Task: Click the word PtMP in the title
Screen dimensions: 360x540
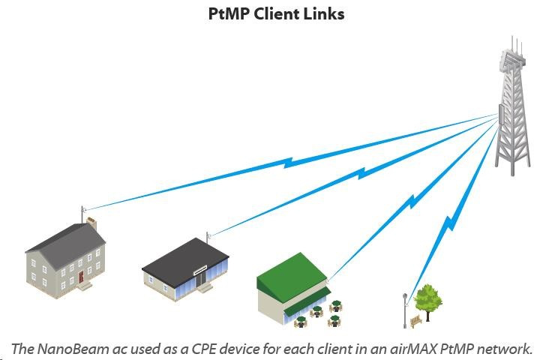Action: tap(229, 13)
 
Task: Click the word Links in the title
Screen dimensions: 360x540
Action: tap(322, 13)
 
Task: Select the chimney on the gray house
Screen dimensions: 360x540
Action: tap(91, 223)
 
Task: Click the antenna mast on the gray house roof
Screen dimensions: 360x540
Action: tap(82, 212)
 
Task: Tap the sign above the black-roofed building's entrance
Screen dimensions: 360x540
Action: tap(202, 266)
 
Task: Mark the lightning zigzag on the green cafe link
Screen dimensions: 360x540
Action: tap(412, 200)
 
